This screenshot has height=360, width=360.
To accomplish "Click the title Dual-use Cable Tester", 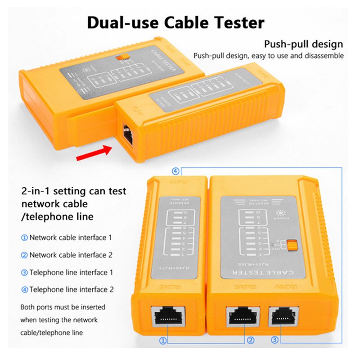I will coord(175,22).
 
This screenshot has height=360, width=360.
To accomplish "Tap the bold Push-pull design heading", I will coord(303,44).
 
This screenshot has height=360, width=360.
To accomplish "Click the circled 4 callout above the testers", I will coord(176,171).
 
